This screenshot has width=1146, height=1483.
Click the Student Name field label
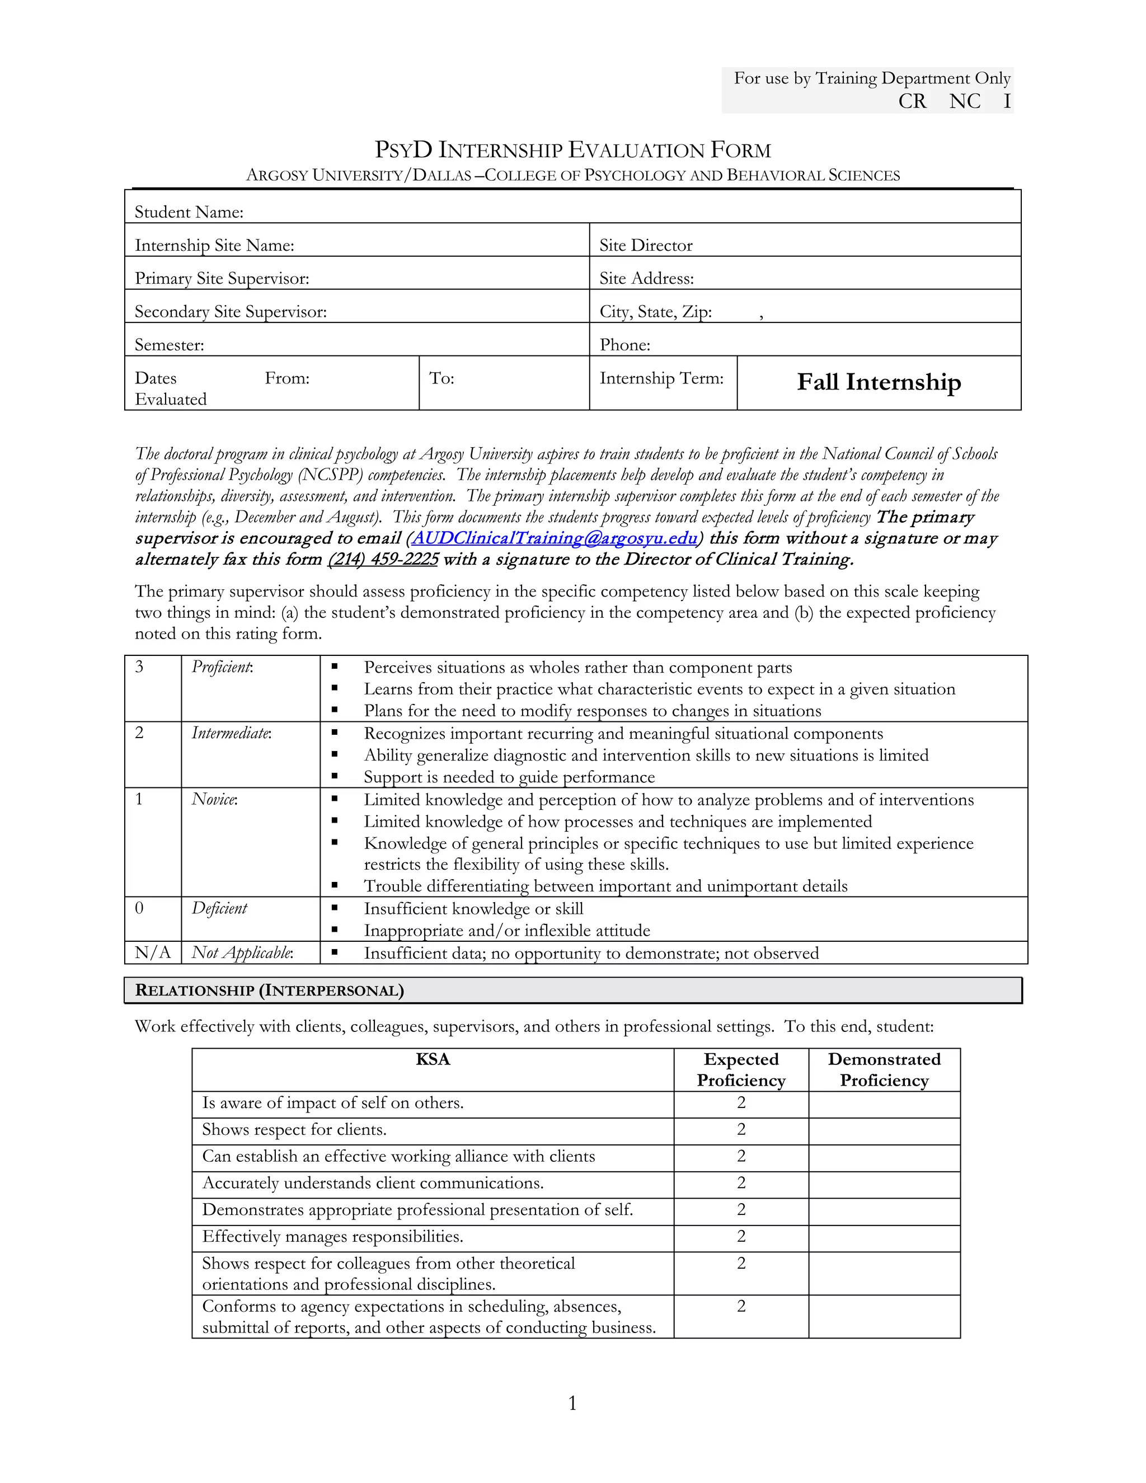coord(189,213)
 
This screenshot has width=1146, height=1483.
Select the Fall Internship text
coord(879,382)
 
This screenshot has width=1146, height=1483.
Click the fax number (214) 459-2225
coord(383,560)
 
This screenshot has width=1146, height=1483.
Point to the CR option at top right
coord(912,101)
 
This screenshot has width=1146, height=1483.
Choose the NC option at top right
coord(965,101)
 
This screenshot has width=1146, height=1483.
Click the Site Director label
coord(646,246)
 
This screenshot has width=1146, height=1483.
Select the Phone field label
coord(624,345)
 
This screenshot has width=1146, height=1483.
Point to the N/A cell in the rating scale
coord(153,952)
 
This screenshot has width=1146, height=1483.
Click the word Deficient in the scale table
coord(219,908)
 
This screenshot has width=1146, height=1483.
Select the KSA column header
coord(433,1059)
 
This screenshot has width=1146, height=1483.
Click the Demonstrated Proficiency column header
coord(884,1069)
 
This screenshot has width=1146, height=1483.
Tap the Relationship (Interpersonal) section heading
coord(270,990)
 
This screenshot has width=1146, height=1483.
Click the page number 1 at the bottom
coord(572,1403)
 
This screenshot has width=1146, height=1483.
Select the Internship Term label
coord(661,378)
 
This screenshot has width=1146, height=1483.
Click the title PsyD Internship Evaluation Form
coord(572,150)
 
